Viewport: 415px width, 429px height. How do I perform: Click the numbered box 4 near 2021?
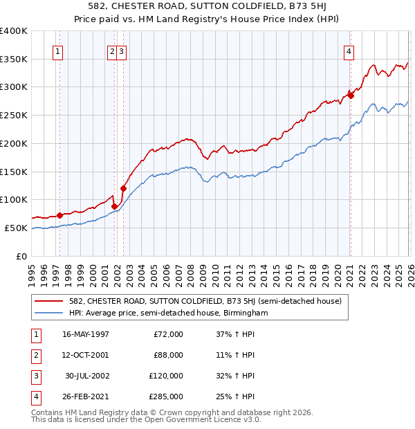pos(349,51)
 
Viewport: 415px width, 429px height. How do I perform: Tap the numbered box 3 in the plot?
pos(122,51)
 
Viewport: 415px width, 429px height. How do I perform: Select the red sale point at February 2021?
pos(351,95)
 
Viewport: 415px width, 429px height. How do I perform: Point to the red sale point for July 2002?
pos(124,188)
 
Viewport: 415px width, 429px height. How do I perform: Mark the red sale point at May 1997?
pos(60,215)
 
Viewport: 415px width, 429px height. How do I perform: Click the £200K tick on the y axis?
pos(13,143)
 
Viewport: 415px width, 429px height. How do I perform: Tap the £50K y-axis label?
pos(16,228)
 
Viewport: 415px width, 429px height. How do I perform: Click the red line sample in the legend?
pos(49,301)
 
